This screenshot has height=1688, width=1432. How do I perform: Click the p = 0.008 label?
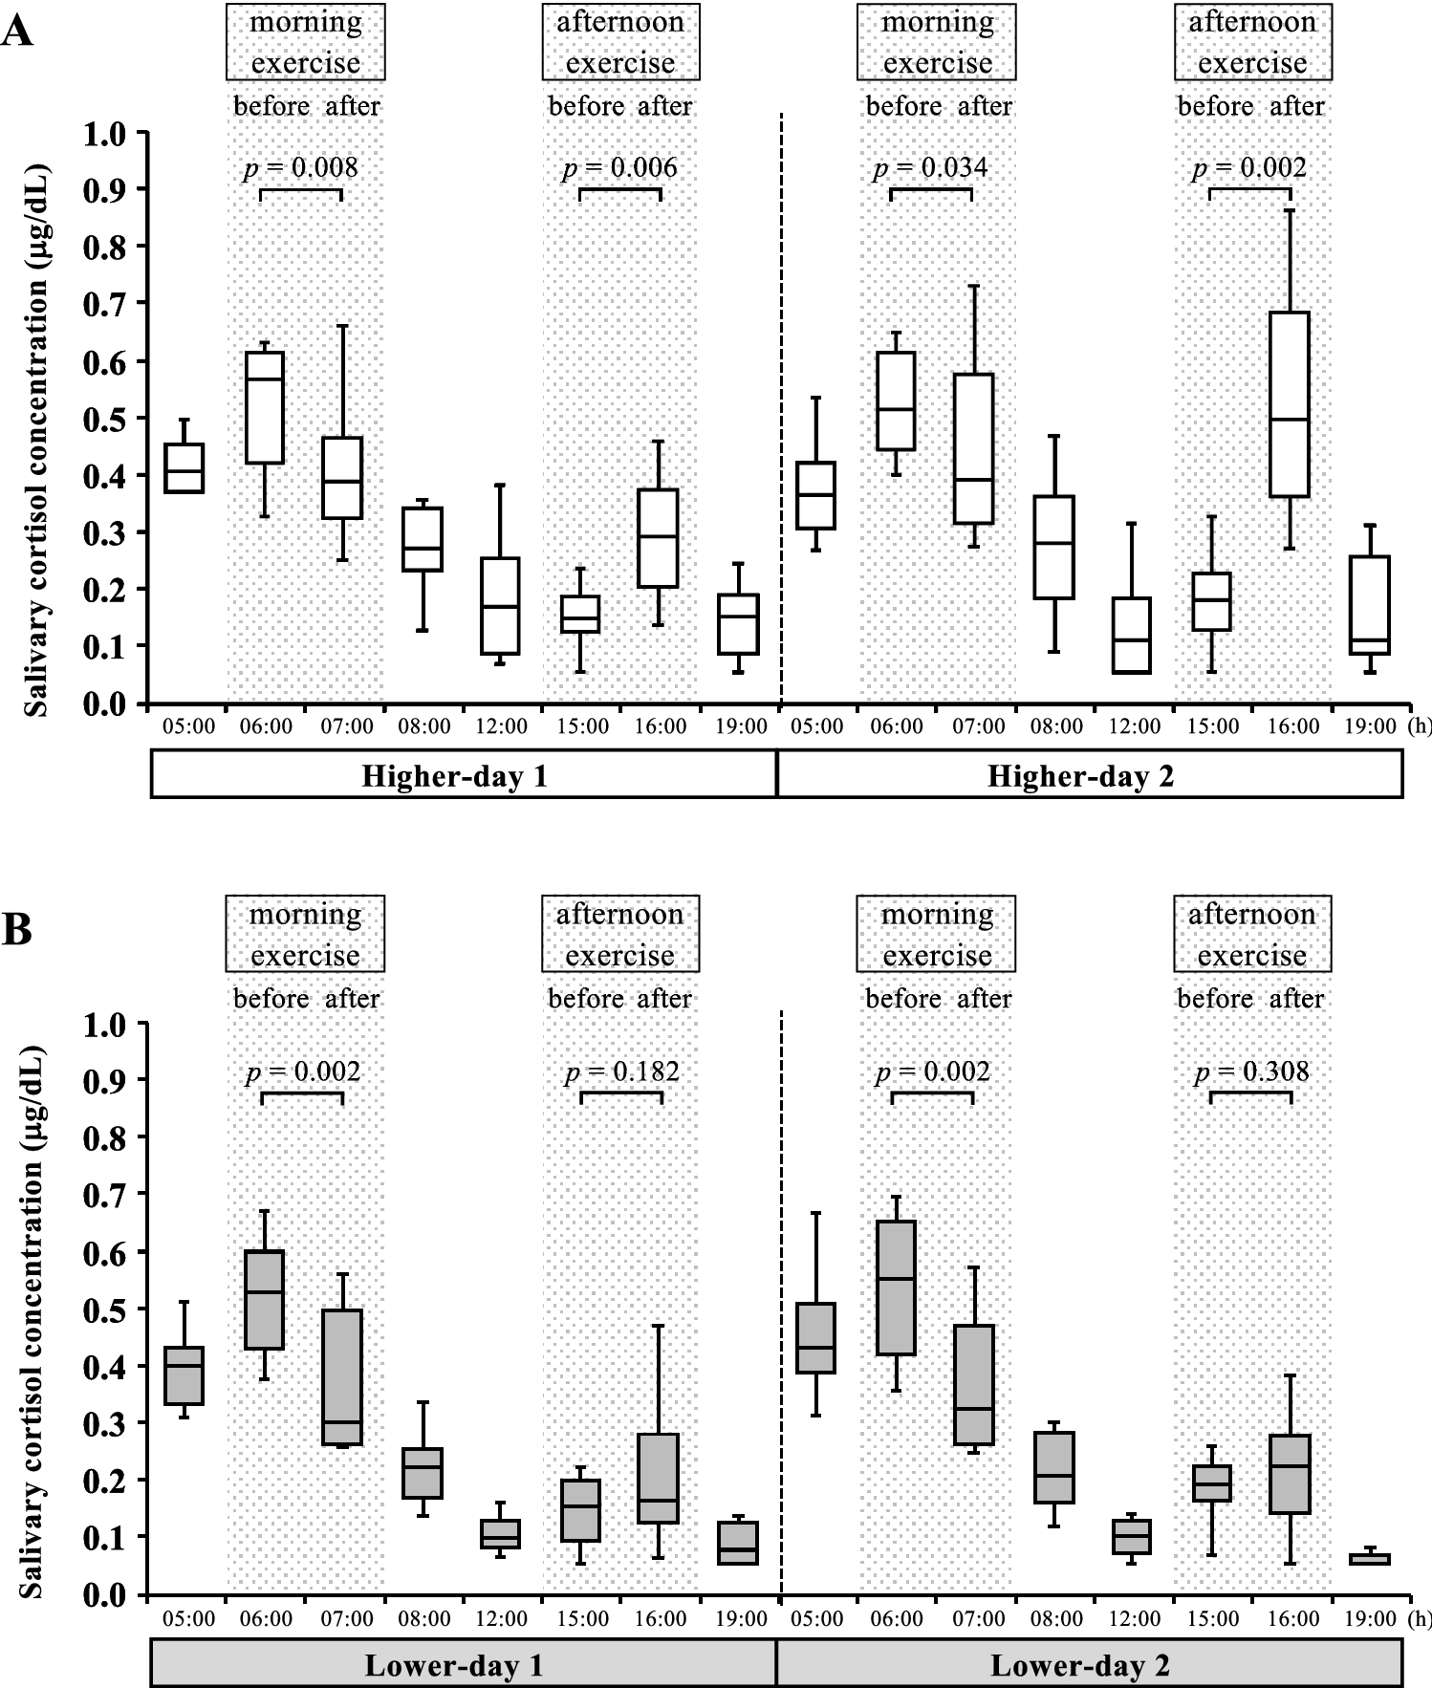point(300,168)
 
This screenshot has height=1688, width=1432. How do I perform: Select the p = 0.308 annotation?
point(1251,1071)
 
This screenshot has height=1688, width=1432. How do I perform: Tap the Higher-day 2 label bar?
point(1089,775)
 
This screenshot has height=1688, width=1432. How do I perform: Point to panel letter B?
point(16,929)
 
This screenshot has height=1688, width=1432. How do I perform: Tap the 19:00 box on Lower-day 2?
point(1370,1559)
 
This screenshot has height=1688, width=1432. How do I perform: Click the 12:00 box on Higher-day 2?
point(1132,636)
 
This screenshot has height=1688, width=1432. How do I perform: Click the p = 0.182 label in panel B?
point(621,1071)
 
